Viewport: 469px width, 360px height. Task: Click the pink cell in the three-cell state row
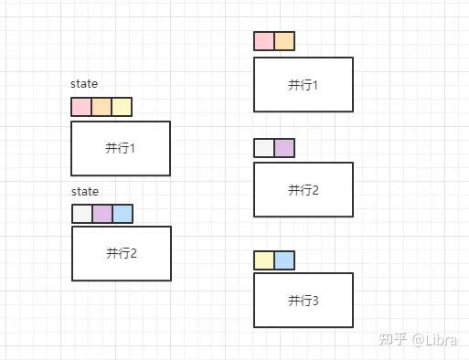tap(81, 107)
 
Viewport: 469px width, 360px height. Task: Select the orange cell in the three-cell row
tap(101, 107)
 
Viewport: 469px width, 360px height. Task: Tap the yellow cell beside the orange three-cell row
tap(122, 107)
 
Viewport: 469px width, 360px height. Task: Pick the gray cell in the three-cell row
tap(82, 214)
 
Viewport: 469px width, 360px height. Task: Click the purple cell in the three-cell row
tap(102, 214)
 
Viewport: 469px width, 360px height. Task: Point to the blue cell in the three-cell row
tap(123, 214)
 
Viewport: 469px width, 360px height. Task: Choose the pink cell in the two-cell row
tap(264, 41)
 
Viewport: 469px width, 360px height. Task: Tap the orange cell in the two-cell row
tap(284, 41)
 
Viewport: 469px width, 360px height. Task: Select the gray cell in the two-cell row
tap(264, 148)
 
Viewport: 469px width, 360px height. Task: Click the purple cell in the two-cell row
tap(284, 148)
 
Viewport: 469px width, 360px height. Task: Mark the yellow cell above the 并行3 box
tap(264, 260)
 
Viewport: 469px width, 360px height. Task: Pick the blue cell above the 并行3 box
tap(284, 260)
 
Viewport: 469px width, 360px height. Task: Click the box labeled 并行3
tap(303, 300)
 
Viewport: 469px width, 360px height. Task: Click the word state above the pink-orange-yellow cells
tap(84, 84)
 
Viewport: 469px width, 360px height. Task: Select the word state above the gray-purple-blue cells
tap(85, 192)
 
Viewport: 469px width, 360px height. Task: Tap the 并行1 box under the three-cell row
tap(120, 148)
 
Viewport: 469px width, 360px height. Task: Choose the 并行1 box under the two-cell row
tap(303, 85)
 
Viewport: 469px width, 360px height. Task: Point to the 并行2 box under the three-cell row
tap(121, 253)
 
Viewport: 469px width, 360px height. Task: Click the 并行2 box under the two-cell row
tap(303, 190)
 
